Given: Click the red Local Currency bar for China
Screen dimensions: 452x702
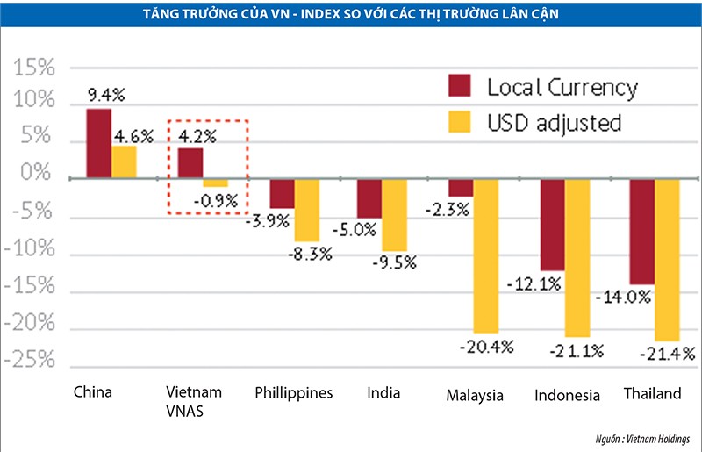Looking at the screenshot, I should tap(98, 143).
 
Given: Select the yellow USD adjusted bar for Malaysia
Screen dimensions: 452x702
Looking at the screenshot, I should tap(486, 255).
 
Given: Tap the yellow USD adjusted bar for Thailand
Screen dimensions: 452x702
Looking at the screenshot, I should tap(667, 259).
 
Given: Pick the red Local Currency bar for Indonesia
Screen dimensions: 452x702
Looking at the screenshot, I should tap(552, 224).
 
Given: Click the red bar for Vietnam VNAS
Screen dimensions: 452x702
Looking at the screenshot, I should tap(190, 162).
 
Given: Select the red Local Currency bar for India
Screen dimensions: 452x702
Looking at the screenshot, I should tap(369, 197).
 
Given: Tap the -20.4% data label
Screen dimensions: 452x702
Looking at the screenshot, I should tap(483, 347).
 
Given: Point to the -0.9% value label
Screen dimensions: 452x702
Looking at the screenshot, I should tap(217, 201).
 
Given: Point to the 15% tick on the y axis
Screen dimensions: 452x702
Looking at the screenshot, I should tap(32, 68).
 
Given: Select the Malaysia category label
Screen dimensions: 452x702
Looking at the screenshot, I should tap(475, 396).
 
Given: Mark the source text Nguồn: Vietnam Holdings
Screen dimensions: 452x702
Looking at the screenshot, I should tap(644, 439).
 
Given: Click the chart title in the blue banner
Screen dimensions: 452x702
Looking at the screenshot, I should tap(351, 12).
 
